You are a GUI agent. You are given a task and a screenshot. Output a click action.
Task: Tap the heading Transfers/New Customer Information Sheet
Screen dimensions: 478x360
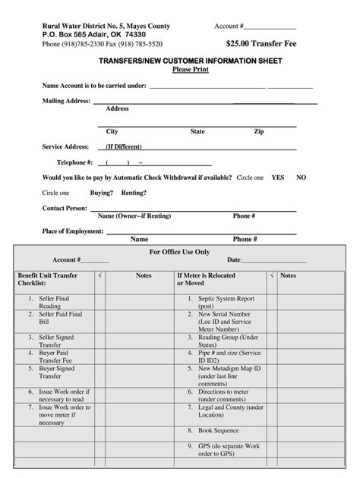(179, 60)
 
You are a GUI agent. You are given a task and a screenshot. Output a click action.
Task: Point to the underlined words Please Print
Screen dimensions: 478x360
(180, 69)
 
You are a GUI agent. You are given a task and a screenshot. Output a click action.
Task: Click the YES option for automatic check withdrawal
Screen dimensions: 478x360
(278, 177)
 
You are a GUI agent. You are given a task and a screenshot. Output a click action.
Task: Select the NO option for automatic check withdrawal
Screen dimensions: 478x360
(302, 177)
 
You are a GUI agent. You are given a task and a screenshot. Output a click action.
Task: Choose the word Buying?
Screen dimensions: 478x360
(102, 193)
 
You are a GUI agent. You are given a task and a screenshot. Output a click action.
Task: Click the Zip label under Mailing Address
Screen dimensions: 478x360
(259, 131)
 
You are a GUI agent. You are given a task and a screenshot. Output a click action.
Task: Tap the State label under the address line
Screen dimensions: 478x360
(197, 131)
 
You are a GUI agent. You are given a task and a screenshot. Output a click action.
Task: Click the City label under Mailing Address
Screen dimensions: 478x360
(112, 131)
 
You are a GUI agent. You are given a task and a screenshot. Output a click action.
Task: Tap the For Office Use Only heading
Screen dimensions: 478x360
(180, 251)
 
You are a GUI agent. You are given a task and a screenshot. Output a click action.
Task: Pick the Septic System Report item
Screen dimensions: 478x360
(226, 302)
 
